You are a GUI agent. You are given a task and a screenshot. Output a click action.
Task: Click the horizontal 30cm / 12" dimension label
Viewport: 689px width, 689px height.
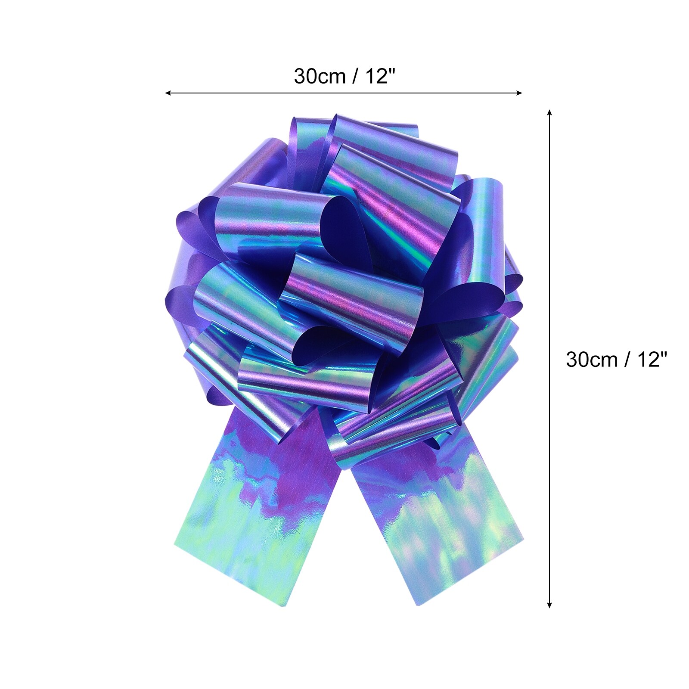344,77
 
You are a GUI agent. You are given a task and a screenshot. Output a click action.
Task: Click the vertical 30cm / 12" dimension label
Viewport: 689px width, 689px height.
616,359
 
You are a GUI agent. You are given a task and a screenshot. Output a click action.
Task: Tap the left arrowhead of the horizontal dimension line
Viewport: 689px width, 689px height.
168,93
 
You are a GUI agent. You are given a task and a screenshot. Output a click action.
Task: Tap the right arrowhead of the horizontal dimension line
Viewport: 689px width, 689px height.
519,93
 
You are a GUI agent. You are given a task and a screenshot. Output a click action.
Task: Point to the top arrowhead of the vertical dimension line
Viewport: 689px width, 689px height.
549,113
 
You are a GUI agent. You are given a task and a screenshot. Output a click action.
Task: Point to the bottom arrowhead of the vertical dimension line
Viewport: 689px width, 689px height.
549,605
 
